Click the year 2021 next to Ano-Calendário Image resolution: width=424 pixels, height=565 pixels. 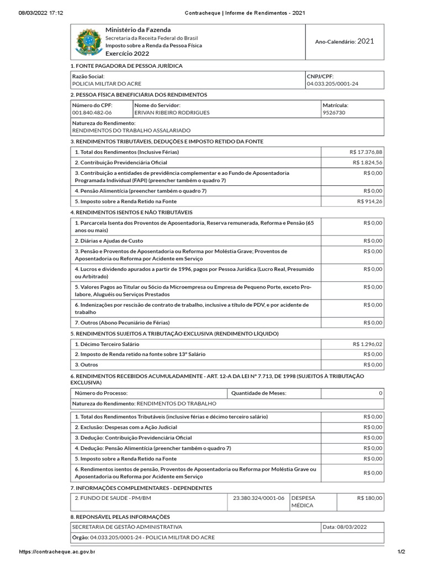pos(365,41)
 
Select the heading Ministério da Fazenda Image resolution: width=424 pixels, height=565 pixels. pos(138,30)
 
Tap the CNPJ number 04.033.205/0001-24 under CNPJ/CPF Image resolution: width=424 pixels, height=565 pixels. pos(336,84)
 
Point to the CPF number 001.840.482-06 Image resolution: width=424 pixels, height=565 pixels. pos(92,113)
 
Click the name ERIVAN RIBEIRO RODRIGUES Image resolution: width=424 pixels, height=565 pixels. pos(172,113)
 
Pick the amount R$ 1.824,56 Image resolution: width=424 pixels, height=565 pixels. pos(367,163)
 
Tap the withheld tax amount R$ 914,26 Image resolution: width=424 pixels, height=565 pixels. pos(369,201)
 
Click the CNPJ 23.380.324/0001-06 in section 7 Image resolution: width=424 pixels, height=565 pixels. pos(259,498)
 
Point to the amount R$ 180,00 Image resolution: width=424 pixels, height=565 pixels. pos(369,498)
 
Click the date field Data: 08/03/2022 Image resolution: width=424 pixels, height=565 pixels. pos(345,527)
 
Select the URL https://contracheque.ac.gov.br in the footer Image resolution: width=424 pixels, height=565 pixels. pos(57,552)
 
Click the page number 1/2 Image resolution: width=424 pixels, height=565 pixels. pos(401,552)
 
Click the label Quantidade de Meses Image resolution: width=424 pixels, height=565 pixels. pos(259,393)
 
